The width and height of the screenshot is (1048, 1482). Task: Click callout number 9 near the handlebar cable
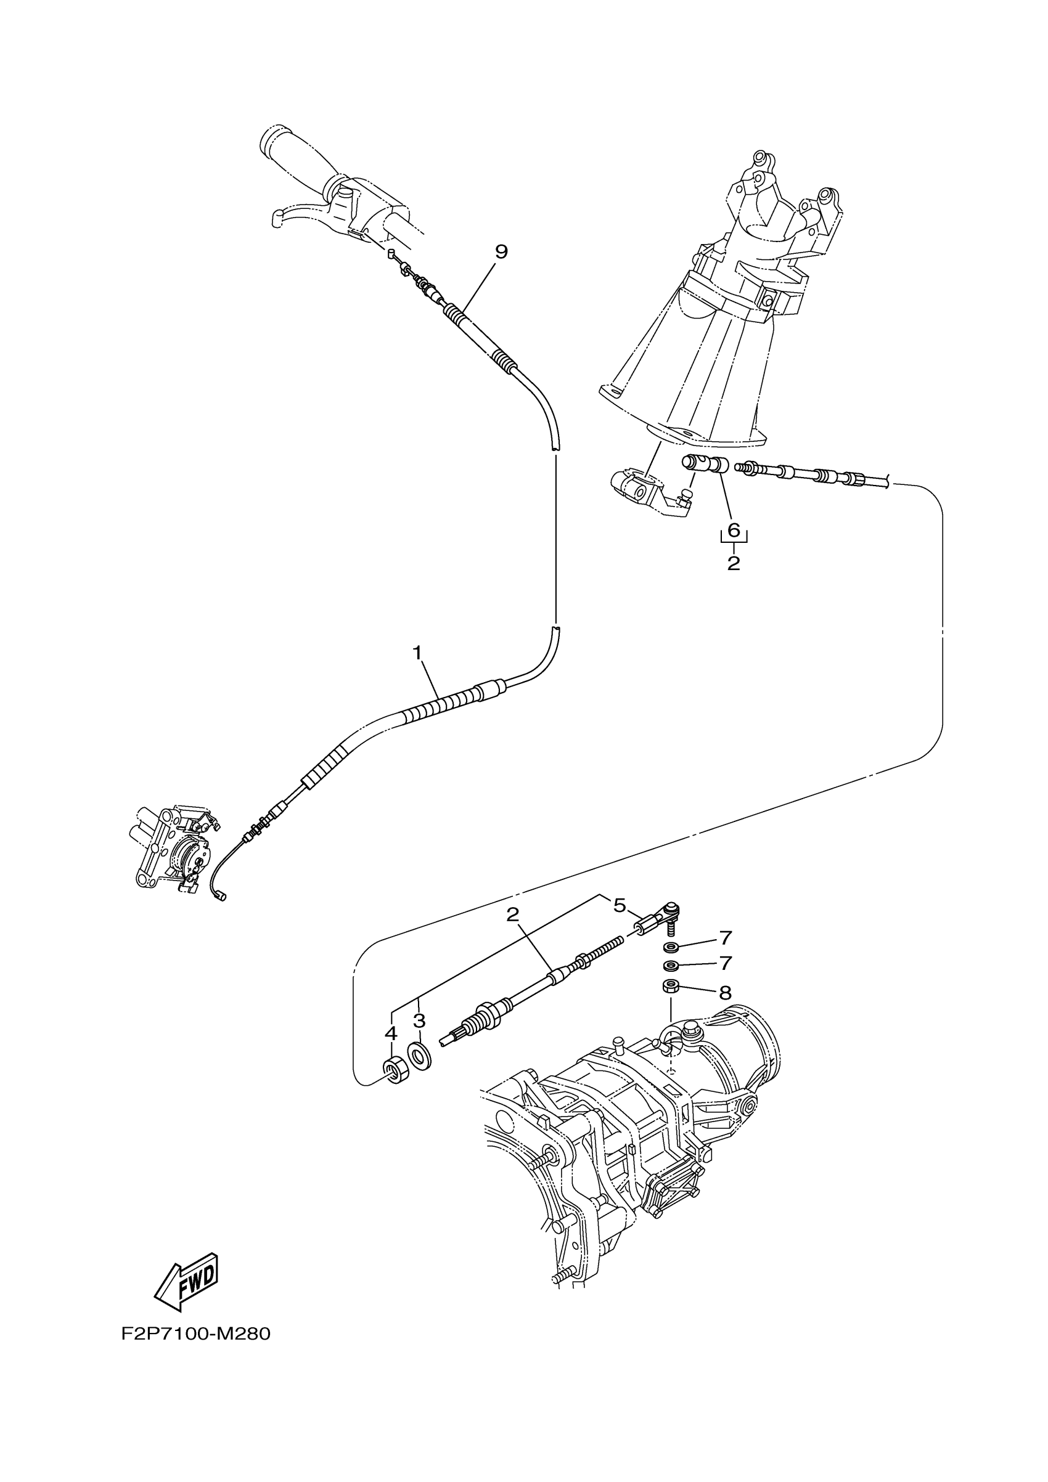[501, 252]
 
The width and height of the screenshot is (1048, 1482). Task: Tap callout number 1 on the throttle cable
[418, 653]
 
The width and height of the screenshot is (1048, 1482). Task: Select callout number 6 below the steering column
[734, 530]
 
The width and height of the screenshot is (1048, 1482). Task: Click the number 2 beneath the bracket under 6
[734, 563]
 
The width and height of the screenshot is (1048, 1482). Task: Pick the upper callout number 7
[726, 937]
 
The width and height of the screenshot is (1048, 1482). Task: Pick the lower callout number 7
[726, 963]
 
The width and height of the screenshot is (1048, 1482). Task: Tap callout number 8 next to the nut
[726, 991]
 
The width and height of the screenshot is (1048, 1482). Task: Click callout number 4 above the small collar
[391, 1033]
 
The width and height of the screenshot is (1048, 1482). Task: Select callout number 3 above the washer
[419, 1021]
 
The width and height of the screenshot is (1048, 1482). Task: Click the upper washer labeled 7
[670, 947]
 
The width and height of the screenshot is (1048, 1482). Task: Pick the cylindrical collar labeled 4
[395, 1071]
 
